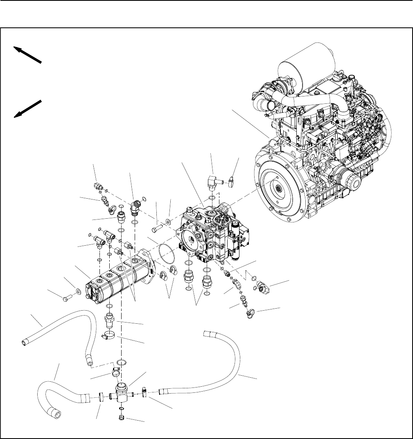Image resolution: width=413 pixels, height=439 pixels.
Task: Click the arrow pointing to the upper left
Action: [x=27, y=55]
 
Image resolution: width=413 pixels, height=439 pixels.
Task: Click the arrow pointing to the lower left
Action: [x=27, y=108]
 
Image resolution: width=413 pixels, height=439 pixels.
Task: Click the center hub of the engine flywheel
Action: [x=279, y=188]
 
